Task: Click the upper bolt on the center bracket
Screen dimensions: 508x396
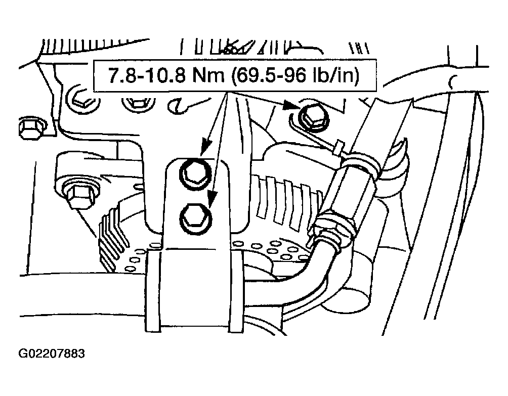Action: (195, 173)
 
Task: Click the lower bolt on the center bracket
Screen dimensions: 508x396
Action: (195, 217)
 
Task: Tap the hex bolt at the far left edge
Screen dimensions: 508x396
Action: (32, 128)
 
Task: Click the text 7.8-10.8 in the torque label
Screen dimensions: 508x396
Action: (146, 75)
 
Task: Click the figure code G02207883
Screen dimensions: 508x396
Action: (52, 353)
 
